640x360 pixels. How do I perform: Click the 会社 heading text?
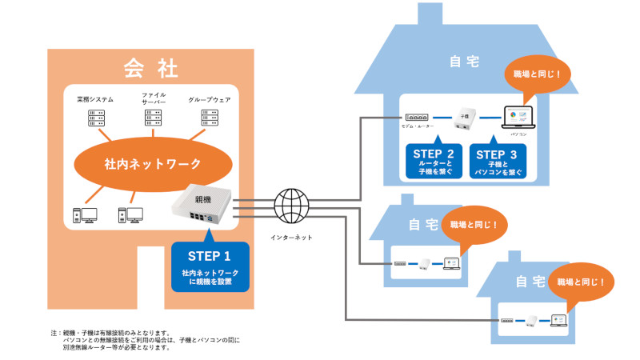(150, 67)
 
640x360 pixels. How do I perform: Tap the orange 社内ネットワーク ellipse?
(152, 164)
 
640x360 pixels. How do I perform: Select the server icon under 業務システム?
(96, 118)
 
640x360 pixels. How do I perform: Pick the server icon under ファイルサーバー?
(154, 118)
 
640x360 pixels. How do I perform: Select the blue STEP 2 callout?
(434, 160)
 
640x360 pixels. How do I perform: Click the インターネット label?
(292, 238)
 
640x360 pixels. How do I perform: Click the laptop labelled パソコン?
(518, 117)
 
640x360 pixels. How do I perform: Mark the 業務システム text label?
(95, 100)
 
